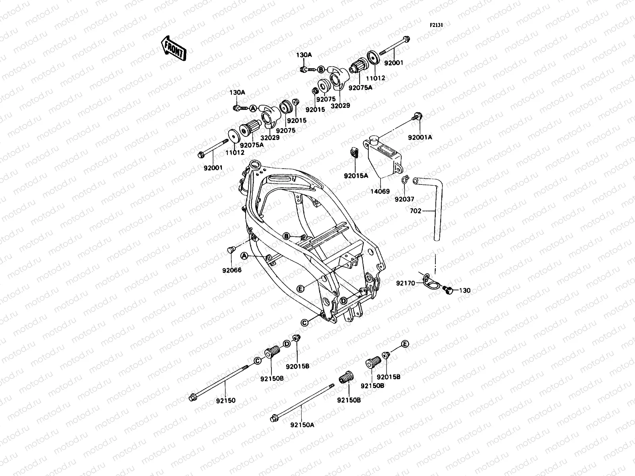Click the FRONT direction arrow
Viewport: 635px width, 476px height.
click(174, 48)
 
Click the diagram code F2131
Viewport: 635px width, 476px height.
click(436, 25)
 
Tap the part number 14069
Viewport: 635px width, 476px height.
click(380, 192)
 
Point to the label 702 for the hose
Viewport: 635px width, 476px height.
click(415, 211)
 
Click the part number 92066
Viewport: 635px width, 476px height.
click(232, 270)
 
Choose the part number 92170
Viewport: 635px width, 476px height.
click(405, 283)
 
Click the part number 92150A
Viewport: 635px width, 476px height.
click(302, 436)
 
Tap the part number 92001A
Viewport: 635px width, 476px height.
click(420, 137)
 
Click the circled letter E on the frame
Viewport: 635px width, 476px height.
click(300, 289)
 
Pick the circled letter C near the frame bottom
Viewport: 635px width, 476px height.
click(304, 323)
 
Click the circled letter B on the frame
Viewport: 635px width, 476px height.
click(286, 237)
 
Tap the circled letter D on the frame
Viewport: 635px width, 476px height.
click(343, 300)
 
